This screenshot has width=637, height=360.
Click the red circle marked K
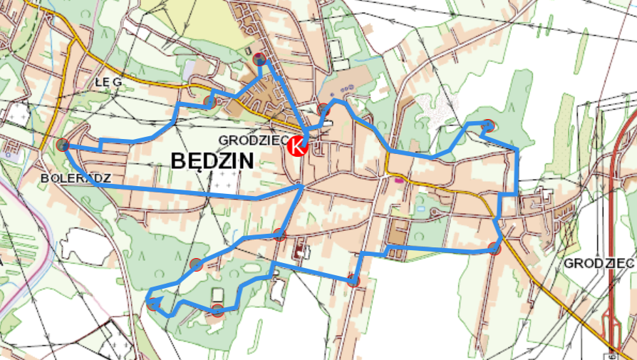(x=298, y=148)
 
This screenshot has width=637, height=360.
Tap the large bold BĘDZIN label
(x=212, y=162)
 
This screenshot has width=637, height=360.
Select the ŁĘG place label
(x=108, y=82)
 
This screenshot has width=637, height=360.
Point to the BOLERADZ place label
(x=76, y=177)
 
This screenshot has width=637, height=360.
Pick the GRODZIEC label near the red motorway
(x=599, y=263)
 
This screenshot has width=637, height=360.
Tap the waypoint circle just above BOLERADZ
(x=62, y=145)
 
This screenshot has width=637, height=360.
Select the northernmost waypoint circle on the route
(x=260, y=59)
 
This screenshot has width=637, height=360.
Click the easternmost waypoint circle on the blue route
(x=494, y=248)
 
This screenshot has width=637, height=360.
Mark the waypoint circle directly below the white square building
(x=217, y=309)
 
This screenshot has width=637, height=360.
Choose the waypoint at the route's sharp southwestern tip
(x=152, y=304)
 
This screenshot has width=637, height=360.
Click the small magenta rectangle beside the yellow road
(x=397, y=180)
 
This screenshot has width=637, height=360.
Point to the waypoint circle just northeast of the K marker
(x=323, y=109)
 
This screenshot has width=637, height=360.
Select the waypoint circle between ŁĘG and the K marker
(x=209, y=102)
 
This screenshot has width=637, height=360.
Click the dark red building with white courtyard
(x=298, y=251)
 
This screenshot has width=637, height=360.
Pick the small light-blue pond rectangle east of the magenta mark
(x=421, y=208)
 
